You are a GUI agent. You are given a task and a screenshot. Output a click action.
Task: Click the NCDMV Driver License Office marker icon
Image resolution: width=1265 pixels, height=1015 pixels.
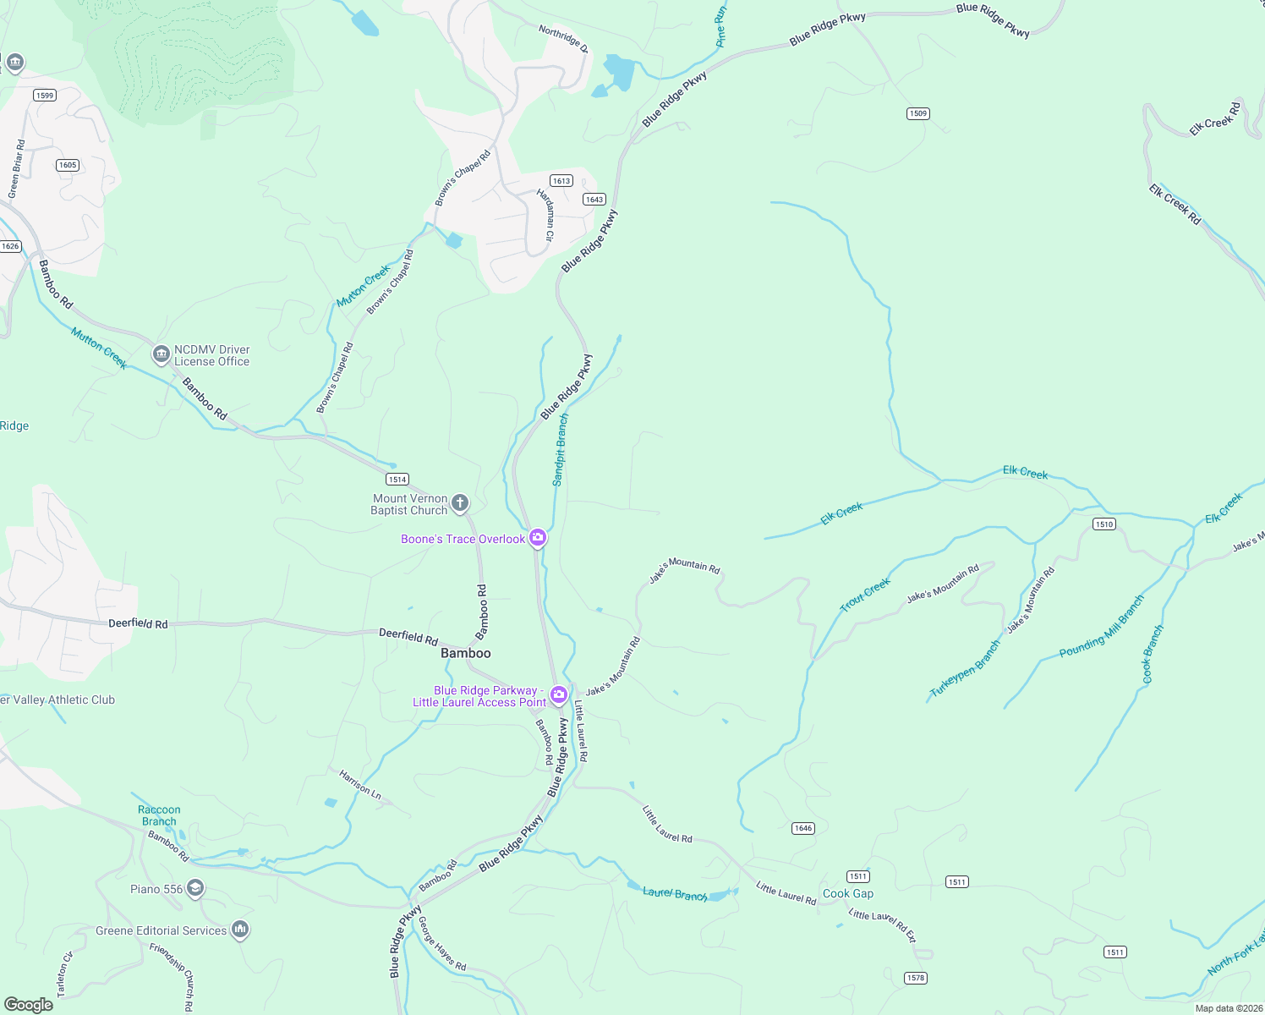point(162,354)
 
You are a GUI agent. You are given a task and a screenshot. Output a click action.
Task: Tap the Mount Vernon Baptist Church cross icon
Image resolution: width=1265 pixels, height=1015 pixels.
point(460,504)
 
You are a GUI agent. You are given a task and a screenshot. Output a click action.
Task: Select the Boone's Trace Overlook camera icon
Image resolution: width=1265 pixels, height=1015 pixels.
point(537,538)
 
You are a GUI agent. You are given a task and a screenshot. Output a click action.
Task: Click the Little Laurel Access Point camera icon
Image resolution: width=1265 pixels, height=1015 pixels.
point(558,695)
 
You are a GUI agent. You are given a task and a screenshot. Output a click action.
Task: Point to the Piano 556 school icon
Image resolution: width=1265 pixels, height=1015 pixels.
point(195,888)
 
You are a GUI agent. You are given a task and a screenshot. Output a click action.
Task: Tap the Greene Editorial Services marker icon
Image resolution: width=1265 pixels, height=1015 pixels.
point(240,930)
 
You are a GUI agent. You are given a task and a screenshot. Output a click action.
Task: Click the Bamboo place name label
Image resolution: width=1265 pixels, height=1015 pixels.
point(465,653)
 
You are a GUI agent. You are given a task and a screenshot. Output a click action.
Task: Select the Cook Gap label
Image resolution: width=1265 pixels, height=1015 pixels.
point(848,893)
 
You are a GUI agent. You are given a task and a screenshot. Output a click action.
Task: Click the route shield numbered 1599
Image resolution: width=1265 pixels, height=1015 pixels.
point(45,95)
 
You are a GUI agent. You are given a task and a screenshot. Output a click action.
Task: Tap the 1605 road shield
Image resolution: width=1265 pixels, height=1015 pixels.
point(68,165)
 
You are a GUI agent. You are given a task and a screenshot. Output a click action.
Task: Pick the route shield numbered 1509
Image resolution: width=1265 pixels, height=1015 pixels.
point(918,113)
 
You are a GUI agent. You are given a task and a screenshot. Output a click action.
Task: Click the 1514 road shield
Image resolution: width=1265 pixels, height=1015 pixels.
point(397,479)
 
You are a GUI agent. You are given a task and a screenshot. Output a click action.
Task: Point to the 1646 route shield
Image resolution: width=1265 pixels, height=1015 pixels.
point(803,828)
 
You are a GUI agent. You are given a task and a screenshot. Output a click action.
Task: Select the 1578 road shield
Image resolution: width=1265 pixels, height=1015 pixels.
point(916,978)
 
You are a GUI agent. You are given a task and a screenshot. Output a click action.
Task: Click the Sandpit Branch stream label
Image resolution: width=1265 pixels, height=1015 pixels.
point(561,449)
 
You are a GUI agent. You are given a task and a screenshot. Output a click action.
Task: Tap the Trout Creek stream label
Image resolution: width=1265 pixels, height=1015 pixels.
point(865,595)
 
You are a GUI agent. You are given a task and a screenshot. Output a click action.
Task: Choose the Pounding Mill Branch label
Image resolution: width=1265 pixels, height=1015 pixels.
point(1102,627)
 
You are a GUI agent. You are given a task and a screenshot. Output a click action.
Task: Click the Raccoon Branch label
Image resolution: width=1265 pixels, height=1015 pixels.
point(159,815)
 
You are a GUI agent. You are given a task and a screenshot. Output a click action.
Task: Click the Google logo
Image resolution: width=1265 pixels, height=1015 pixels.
point(29,1004)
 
